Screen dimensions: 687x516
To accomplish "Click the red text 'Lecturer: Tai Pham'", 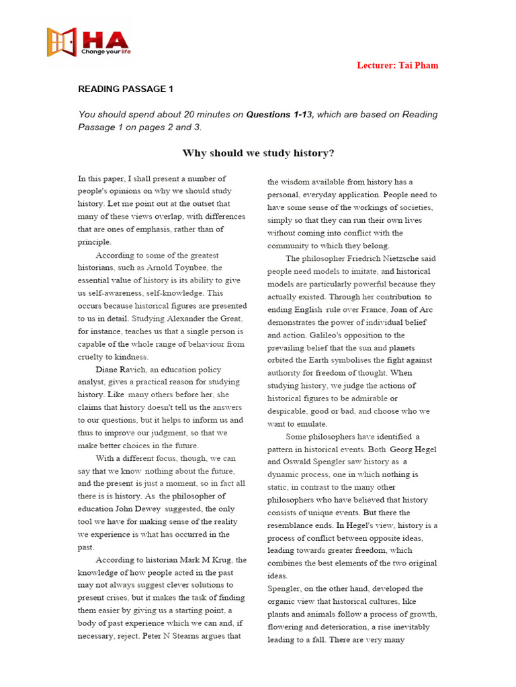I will tap(397, 65).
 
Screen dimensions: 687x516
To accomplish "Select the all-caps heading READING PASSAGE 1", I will tap(126, 89).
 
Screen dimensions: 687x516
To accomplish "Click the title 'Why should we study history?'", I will tap(258, 153).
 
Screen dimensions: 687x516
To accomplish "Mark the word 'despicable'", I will tap(288, 411).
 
